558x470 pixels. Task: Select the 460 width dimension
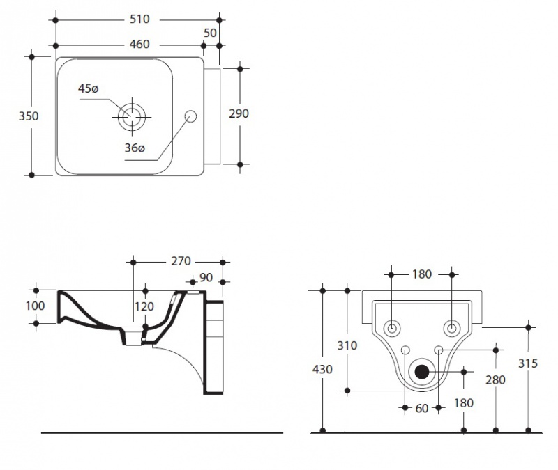139,45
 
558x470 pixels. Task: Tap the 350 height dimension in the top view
29,116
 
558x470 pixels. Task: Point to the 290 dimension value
239,114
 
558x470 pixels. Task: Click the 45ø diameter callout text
89,88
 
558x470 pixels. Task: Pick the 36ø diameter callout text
135,148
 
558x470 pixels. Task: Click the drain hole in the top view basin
130,116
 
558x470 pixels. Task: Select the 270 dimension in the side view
181,262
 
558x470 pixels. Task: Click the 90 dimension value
206,278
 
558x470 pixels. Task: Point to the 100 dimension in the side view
36,306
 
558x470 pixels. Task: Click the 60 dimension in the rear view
422,409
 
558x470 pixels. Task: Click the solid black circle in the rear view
422,371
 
